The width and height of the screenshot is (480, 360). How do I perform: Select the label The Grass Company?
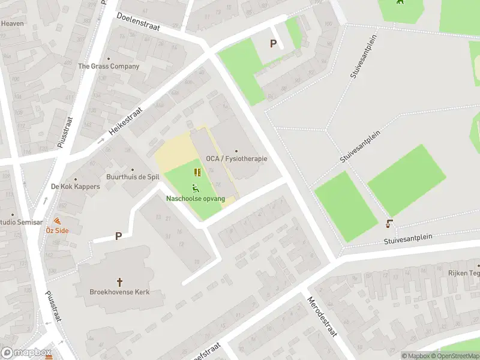point(109,67)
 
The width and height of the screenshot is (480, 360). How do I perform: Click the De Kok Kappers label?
point(75,187)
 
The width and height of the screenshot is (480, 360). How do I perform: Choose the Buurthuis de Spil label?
point(132,178)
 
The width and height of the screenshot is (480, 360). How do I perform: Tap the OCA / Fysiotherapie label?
point(236,159)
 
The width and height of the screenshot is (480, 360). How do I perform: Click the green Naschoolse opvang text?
point(196,199)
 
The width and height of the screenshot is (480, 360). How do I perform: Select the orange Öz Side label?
point(57,230)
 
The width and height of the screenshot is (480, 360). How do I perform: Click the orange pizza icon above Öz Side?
point(58,221)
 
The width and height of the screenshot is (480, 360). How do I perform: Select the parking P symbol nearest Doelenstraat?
point(274,43)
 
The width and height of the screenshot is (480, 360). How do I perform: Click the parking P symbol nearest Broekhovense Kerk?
point(118,236)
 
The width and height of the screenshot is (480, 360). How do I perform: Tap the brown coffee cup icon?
point(389,224)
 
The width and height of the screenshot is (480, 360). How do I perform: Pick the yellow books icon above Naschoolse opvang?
point(197,173)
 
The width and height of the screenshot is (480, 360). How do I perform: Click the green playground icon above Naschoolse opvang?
point(196,188)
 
